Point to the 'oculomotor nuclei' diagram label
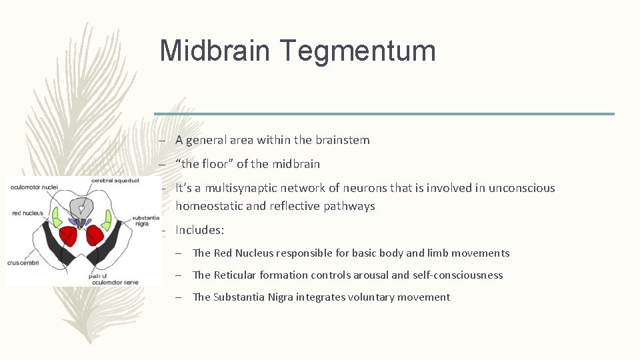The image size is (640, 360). click(34, 187)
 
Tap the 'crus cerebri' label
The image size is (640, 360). click(23, 264)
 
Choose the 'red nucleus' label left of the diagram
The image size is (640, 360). click(27, 214)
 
